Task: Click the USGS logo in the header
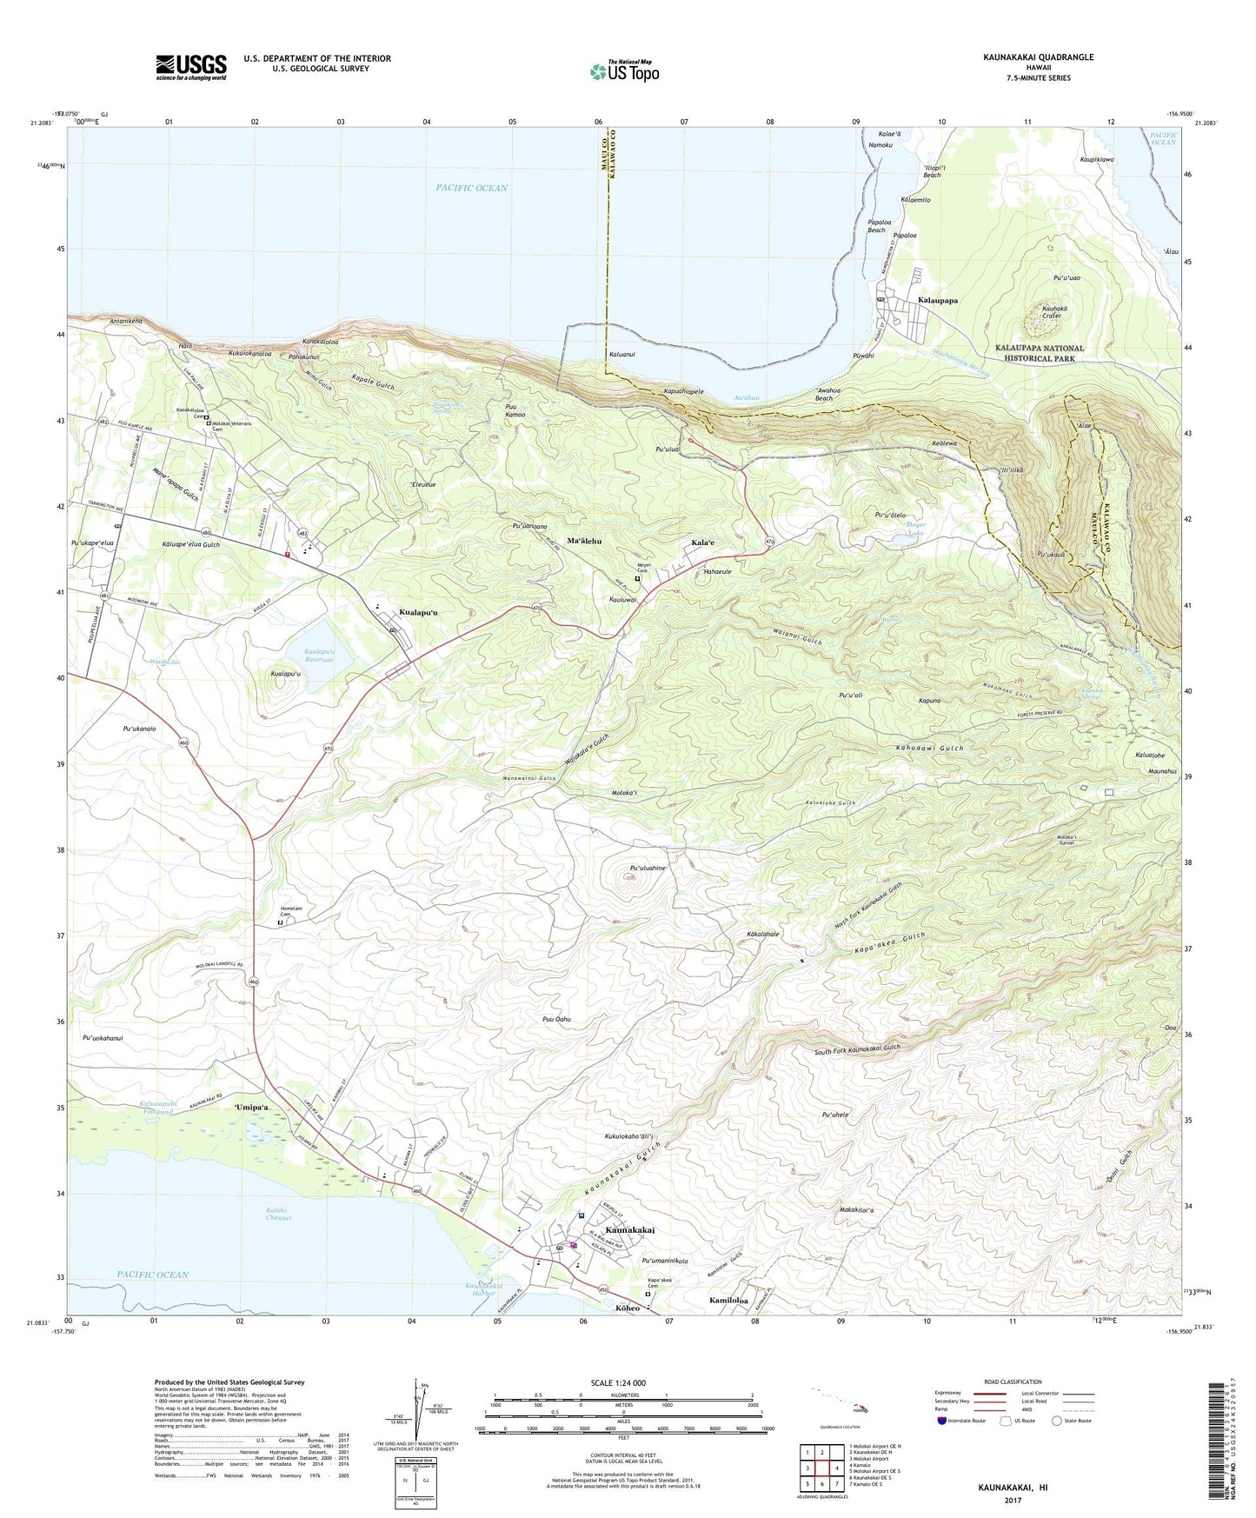[x=191, y=67]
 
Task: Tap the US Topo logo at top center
[x=623, y=71]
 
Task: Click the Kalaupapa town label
[x=938, y=300]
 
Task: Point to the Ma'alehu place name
[x=584, y=541]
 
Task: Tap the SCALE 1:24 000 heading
[x=618, y=1383]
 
